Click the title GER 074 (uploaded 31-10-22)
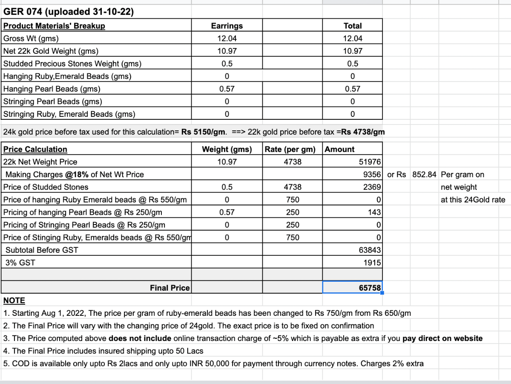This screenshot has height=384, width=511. click(69, 12)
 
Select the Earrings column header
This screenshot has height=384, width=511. click(227, 26)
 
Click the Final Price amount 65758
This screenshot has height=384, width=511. click(370, 288)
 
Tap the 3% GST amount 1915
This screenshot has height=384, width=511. click(372, 263)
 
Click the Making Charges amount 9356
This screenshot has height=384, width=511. click(372, 174)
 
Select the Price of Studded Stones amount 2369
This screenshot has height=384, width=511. click(372, 187)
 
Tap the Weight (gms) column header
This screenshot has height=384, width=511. click(227, 149)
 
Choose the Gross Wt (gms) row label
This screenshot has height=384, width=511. click(31, 38)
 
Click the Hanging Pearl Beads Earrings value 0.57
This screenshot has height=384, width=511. click(227, 89)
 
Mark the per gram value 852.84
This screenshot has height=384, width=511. click(424, 174)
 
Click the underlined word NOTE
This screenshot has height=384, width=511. click(14, 300)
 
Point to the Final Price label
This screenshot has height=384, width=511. click(169, 288)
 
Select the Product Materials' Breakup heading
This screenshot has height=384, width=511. click(54, 26)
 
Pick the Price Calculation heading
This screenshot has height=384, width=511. click(35, 149)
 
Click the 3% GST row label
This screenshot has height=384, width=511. click(20, 263)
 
